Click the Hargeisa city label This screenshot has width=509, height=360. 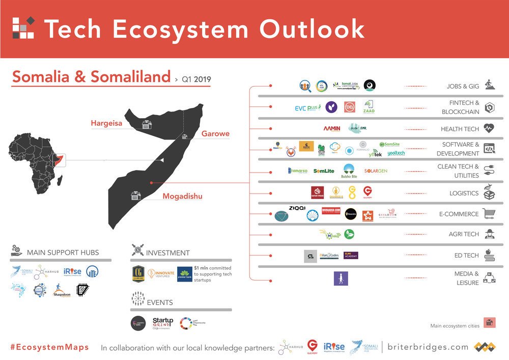(x=107, y=123)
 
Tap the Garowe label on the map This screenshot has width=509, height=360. (x=215, y=134)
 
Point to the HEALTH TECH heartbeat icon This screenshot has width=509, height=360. (x=489, y=129)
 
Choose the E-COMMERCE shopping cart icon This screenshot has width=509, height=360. (x=489, y=214)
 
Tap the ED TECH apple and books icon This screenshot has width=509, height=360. (x=490, y=255)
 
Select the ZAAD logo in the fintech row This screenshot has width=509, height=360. (x=369, y=107)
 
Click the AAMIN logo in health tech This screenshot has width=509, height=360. (x=331, y=128)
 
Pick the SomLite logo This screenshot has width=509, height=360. (x=324, y=171)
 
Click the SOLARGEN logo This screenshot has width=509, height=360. (x=376, y=171)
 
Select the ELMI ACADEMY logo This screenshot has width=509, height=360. (x=351, y=255)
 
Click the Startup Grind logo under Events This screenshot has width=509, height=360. (x=163, y=323)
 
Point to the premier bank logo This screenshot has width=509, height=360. (x=185, y=273)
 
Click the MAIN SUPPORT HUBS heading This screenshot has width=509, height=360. (x=63, y=253)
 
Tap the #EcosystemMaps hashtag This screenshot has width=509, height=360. (x=49, y=347)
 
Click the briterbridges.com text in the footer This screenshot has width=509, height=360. (x=428, y=347)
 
